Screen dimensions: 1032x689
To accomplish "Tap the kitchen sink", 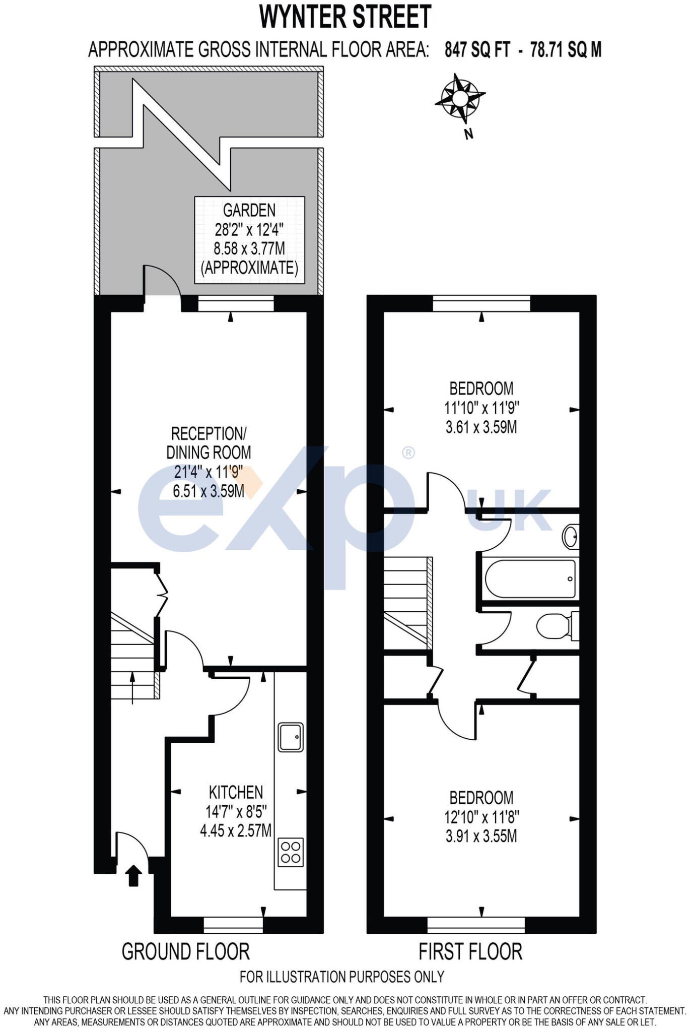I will click(291, 738).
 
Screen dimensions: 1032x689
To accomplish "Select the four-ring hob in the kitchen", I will click(291, 852).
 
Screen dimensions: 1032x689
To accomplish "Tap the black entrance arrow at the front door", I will click(133, 875).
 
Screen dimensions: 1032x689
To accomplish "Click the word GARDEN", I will click(249, 210).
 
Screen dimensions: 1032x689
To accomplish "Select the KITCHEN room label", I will click(236, 792).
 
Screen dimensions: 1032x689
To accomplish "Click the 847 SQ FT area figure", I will click(477, 50).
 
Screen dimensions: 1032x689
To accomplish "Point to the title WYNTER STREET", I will click(346, 17).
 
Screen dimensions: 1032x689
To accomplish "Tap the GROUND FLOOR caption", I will click(185, 952).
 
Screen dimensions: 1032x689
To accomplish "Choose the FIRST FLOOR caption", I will click(470, 952).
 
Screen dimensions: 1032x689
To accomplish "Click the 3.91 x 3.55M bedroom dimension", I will click(481, 836).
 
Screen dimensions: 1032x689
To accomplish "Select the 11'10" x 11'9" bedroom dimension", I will click(481, 408).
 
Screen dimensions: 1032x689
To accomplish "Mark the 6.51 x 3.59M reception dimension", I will click(208, 491).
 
